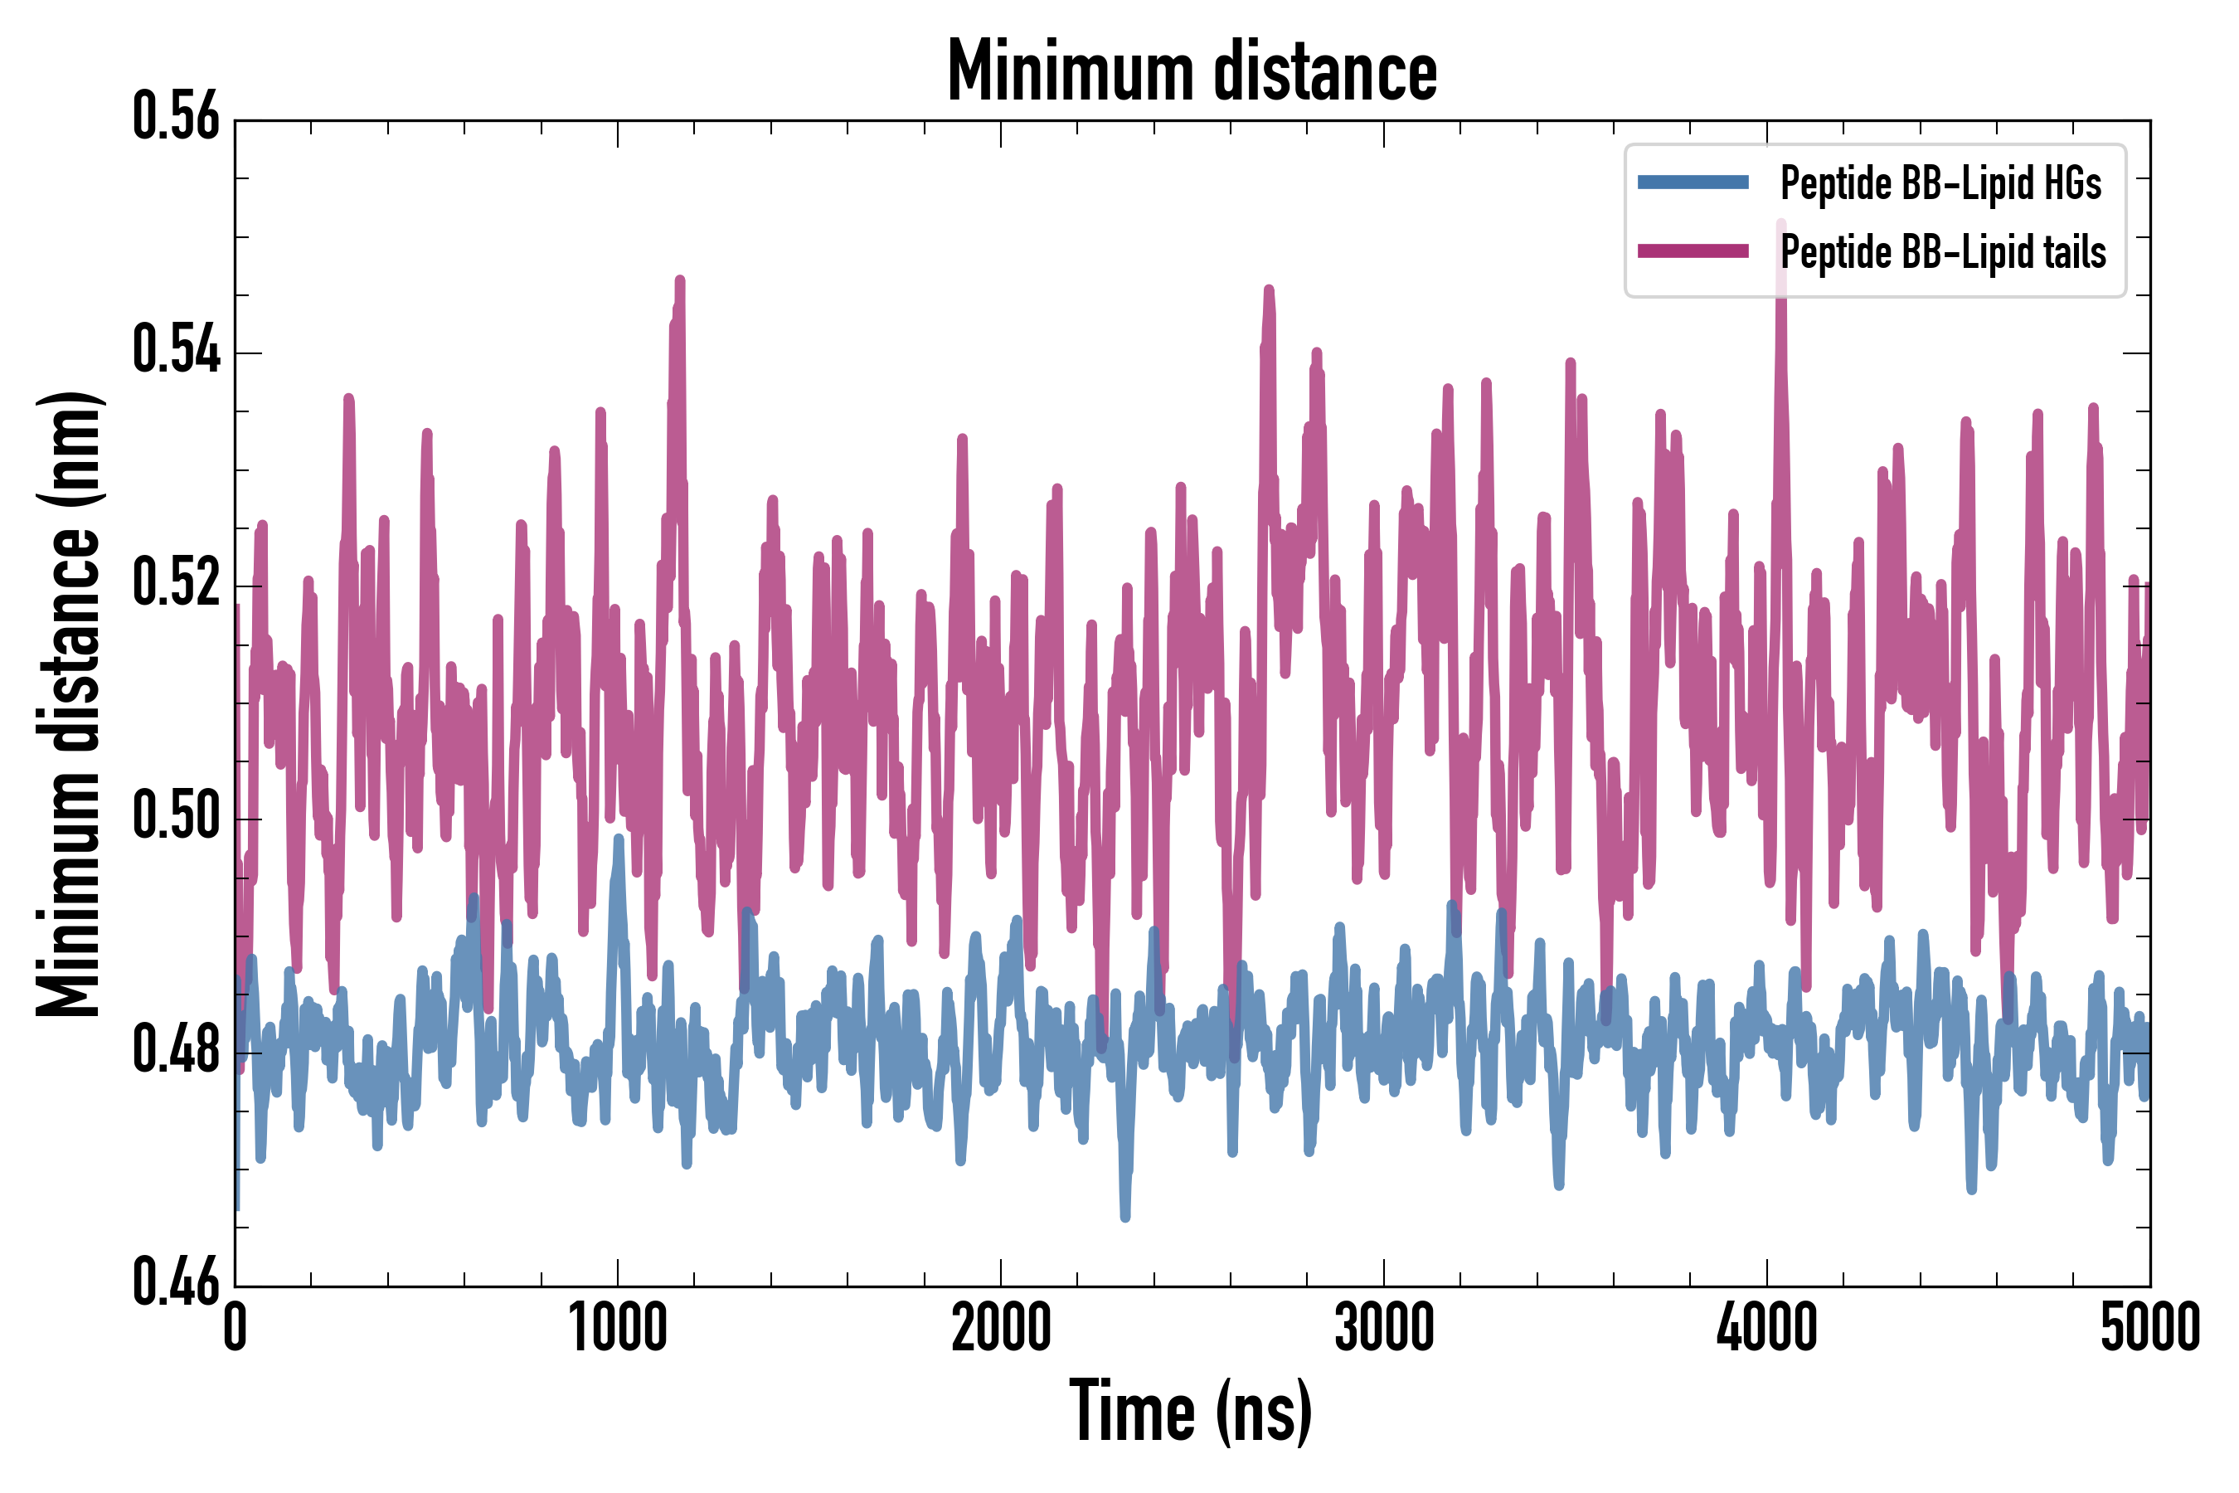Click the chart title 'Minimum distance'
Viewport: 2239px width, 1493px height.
1192,71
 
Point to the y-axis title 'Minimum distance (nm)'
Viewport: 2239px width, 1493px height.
69,704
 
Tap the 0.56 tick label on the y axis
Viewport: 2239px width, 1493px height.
176,117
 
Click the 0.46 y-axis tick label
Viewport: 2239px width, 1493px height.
176,1282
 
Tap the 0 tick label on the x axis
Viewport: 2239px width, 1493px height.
236,1328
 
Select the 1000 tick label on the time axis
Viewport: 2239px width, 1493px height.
618,1328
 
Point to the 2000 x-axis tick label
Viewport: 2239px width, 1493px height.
1001,1328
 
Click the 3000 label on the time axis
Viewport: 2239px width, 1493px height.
1384,1328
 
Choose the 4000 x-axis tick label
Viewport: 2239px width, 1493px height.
1767,1328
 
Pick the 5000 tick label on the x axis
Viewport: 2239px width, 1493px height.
2149,1328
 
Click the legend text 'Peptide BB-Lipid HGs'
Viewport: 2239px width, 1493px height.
1940,182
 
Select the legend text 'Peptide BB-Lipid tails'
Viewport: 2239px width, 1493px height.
1943,252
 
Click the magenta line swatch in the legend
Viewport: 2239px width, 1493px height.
1693,251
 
